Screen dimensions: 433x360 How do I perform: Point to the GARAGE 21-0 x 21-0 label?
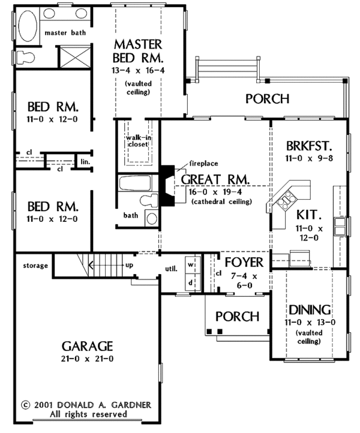pos(87,352)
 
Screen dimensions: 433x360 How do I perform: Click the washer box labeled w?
pos(191,264)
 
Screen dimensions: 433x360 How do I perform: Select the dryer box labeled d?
pos(191,281)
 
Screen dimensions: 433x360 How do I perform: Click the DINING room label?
pos(310,310)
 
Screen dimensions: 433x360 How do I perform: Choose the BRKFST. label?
pos(310,146)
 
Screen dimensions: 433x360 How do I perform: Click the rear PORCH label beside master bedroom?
pos(268,98)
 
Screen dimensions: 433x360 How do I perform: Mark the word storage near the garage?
pos(35,265)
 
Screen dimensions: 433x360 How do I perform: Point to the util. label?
pos(170,269)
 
